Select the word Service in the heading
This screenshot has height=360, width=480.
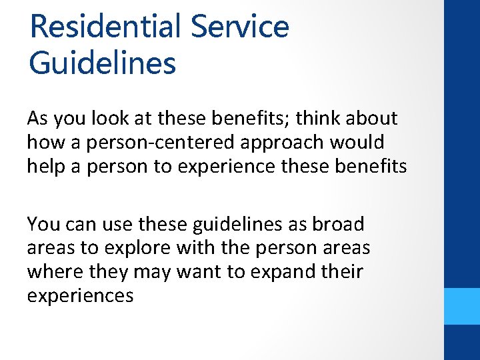point(240,27)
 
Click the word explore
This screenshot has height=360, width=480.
point(138,248)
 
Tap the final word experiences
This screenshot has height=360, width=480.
point(81,295)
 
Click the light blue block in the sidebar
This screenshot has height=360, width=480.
point(461,306)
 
